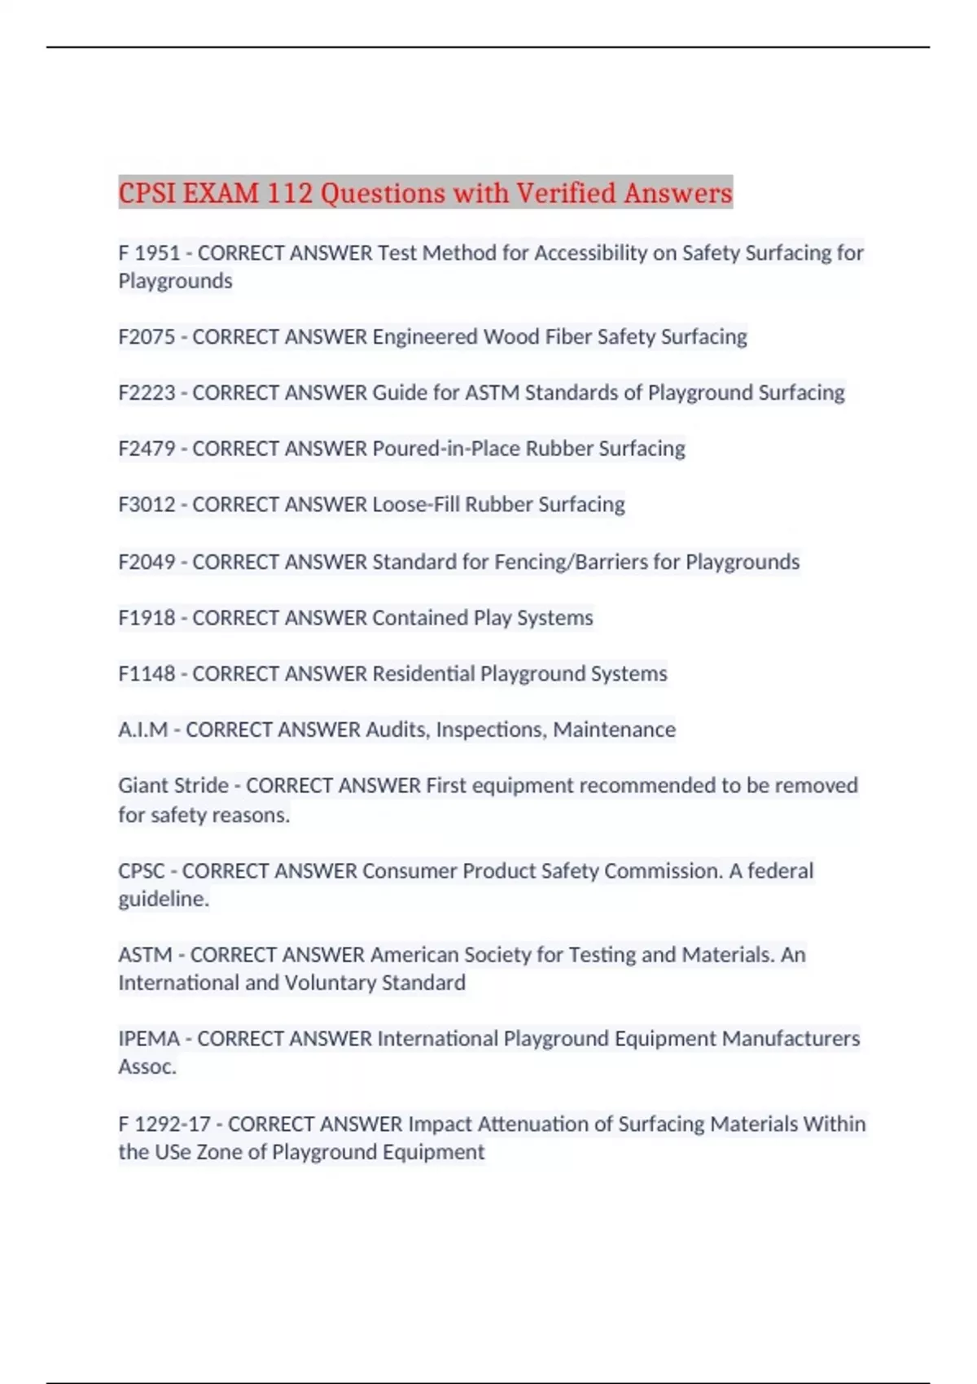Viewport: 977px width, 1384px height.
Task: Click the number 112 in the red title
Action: (x=290, y=194)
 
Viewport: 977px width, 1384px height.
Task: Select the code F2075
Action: (x=147, y=337)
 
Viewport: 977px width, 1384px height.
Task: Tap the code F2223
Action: (x=147, y=393)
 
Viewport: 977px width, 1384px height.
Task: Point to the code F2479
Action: (x=147, y=449)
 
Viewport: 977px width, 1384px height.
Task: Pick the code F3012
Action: (x=147, y=505)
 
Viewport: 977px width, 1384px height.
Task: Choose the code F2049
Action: (x=147, y=562)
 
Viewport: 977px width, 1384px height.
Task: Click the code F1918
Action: (x=147, y=618)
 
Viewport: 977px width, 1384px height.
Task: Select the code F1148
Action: (x=147, y=674)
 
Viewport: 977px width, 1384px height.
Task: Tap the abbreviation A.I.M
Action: (x=142, y=729)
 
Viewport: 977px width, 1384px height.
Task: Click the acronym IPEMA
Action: (x=148, y=1039)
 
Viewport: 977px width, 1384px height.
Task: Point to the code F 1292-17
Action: (x=164, y=1124)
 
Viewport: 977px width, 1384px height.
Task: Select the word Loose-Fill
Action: (x=415, y=505)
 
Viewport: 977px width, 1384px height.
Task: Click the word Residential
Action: (x=423, y=674)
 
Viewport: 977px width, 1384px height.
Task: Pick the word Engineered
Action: (x=424, y=337)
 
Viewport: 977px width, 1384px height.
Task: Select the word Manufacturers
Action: (x=791, y=1039)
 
